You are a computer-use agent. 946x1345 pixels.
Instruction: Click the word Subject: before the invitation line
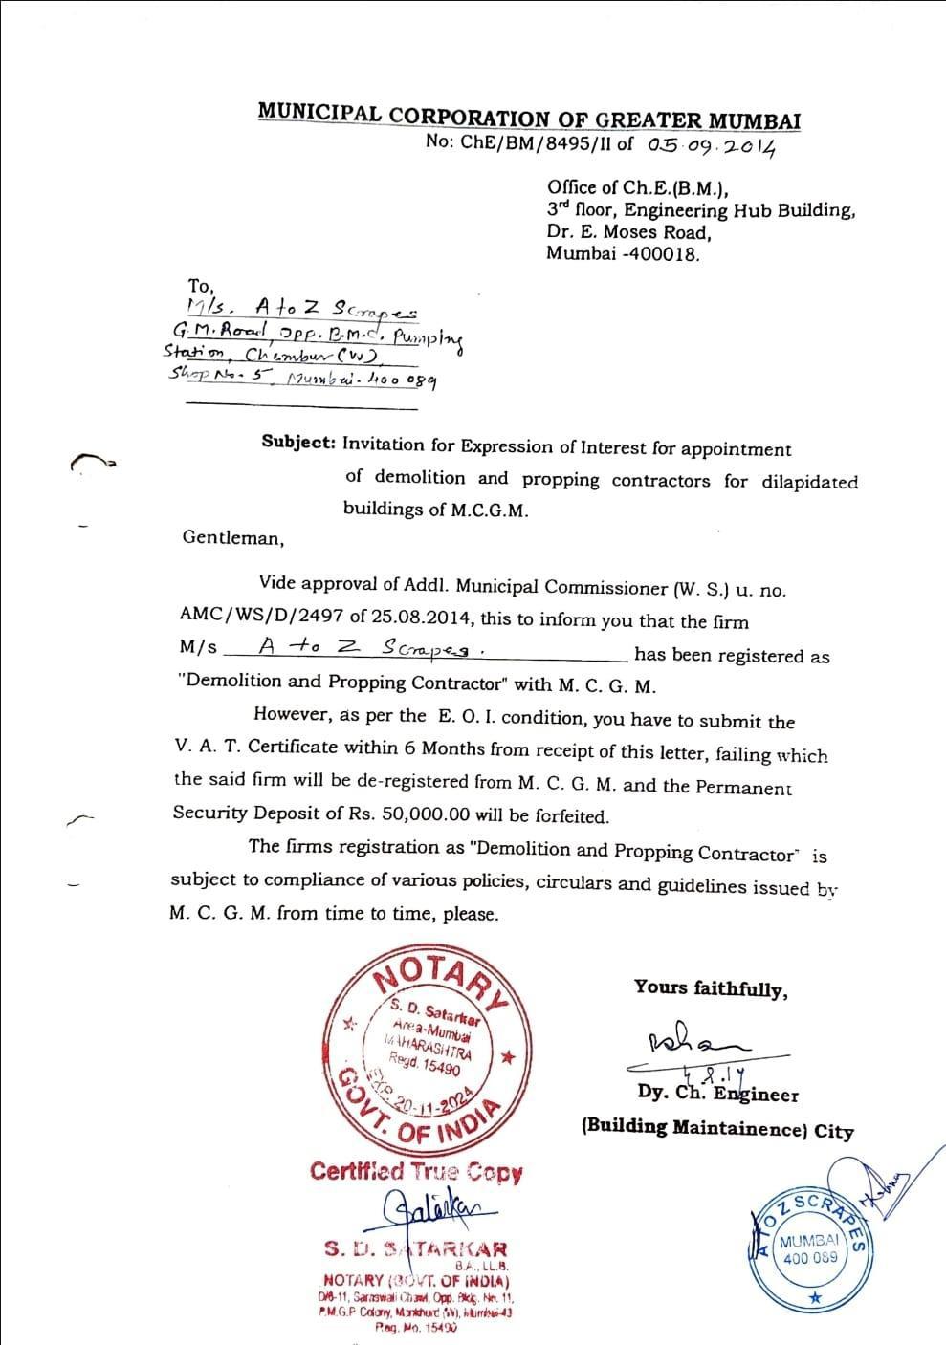298,444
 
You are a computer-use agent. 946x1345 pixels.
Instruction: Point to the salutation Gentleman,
232,538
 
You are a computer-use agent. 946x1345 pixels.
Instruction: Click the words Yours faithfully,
711,988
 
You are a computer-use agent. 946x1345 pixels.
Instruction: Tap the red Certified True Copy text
416,1171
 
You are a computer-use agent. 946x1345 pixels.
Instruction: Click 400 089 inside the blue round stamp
809,1257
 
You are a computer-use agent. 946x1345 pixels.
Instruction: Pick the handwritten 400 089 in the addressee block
404,380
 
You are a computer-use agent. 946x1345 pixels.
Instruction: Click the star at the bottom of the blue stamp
814,1296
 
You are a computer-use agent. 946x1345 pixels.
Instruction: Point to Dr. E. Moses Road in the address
628,232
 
